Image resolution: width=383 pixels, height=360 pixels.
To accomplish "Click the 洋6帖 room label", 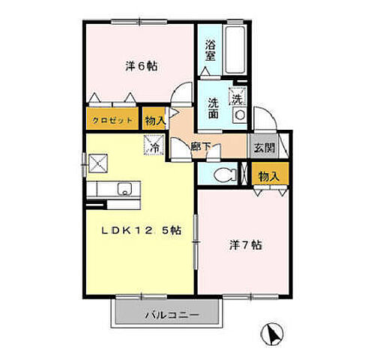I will [140, 65].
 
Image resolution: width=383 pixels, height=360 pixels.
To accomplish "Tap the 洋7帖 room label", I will [246, 245].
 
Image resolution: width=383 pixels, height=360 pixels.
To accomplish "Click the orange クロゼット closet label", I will [112, 119].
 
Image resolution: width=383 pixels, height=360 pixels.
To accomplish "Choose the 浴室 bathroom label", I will [210, 49].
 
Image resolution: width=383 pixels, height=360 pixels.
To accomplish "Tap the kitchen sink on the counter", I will [122, 189].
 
